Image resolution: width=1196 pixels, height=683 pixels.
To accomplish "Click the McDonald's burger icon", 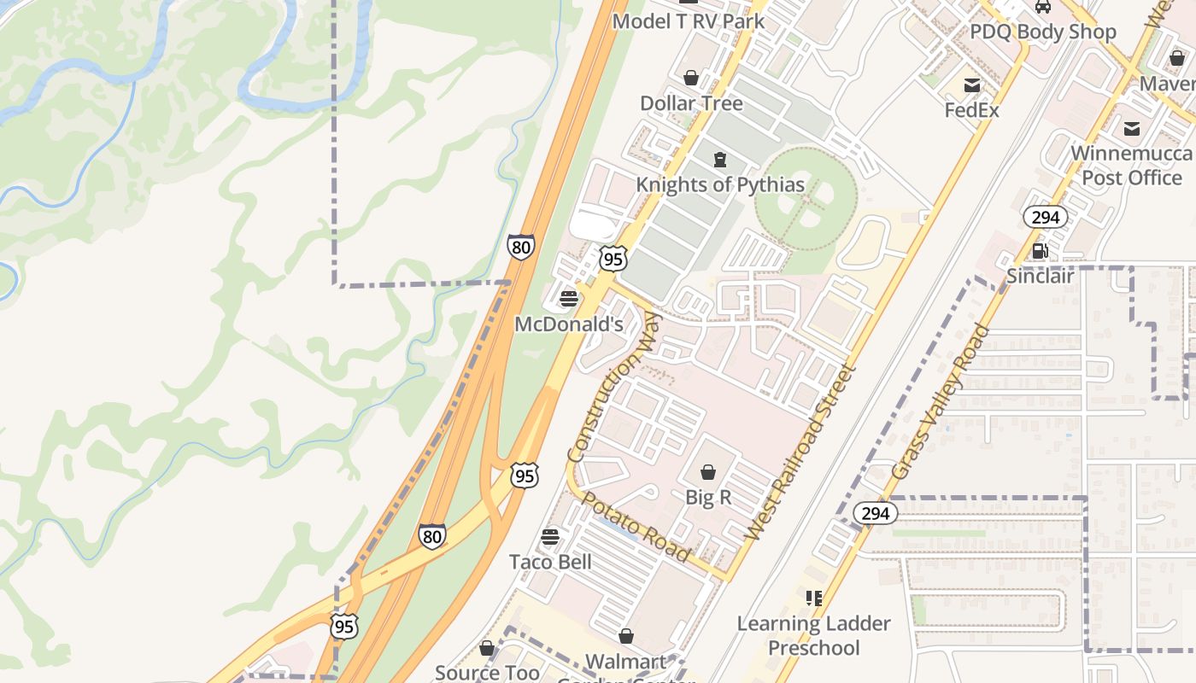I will [x=569, y=299].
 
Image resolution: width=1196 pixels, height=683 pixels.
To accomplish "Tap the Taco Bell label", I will [x=550, y=562].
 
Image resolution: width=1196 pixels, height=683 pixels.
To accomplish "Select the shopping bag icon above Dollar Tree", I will [x=691, y=79].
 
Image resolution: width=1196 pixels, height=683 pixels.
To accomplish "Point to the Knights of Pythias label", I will [x=720, y=184].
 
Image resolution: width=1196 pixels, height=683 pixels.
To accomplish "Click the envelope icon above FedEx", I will [x=972, y=85].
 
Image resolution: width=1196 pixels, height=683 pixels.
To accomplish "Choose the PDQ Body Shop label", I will [x=1042, y=32].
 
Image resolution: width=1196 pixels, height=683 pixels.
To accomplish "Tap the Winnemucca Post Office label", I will [x=1131, y=166].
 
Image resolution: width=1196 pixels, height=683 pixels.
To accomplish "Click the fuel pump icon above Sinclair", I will [x=1041, y=251].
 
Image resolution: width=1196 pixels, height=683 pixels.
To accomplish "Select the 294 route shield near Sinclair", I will [x=1045, y=218].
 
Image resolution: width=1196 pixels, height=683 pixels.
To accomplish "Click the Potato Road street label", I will [x=636, y=526].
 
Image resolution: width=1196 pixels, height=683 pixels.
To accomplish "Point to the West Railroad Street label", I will [x=800, y=452].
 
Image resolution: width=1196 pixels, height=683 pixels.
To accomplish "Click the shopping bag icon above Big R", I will [x=708, y=472].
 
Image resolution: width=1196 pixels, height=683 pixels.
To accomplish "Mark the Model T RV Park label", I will [x=689, y=21].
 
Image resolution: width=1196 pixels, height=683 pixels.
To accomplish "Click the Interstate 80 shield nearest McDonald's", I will [x=520, y=247].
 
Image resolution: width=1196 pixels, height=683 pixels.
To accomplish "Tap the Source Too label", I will [x=487, y=672].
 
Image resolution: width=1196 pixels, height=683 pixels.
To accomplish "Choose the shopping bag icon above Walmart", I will [x=626, y=637].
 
